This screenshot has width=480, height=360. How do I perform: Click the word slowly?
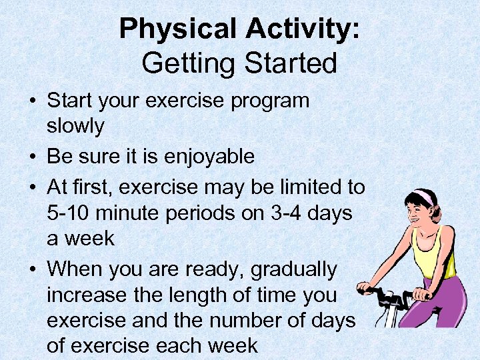pos(75,126)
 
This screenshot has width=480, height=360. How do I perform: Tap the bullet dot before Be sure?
pos(33,157)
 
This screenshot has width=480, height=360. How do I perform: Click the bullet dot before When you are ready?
pos(33,269)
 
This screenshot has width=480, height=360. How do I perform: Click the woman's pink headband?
pos(421,198)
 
